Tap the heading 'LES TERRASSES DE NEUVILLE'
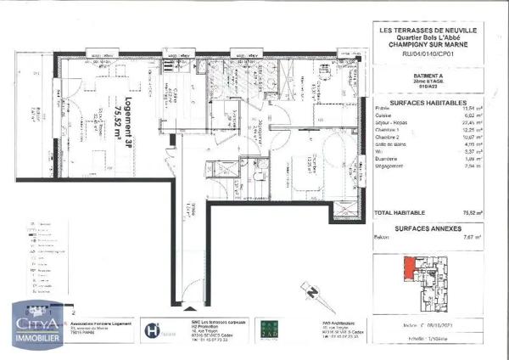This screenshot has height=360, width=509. [x=426, y=31]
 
